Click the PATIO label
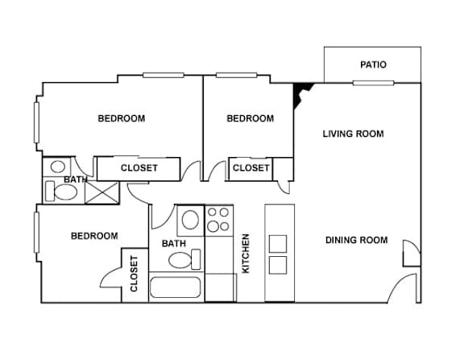tap(373, 64)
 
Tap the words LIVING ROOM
tap(353, 134)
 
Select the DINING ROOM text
tap(357, 240)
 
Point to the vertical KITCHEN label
tap(246, 254)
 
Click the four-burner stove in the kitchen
tap(219, 221)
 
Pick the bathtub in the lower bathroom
tap(175, 288)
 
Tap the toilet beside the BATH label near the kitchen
tap(184, 259)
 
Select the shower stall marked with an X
tap(101, 192)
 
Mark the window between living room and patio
tap(373, 83)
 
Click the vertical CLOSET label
tap(134, 274)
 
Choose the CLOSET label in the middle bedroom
tap(251, 168)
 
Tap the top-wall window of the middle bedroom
tap(236, 75)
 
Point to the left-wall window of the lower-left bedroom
tap(37, 233)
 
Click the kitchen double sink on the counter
tap(278, 254)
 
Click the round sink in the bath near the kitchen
tap(190, 220)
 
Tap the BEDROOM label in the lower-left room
tap(94, 236)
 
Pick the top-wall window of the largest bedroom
tap(164, 75)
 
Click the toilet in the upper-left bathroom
tap(61, 192)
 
